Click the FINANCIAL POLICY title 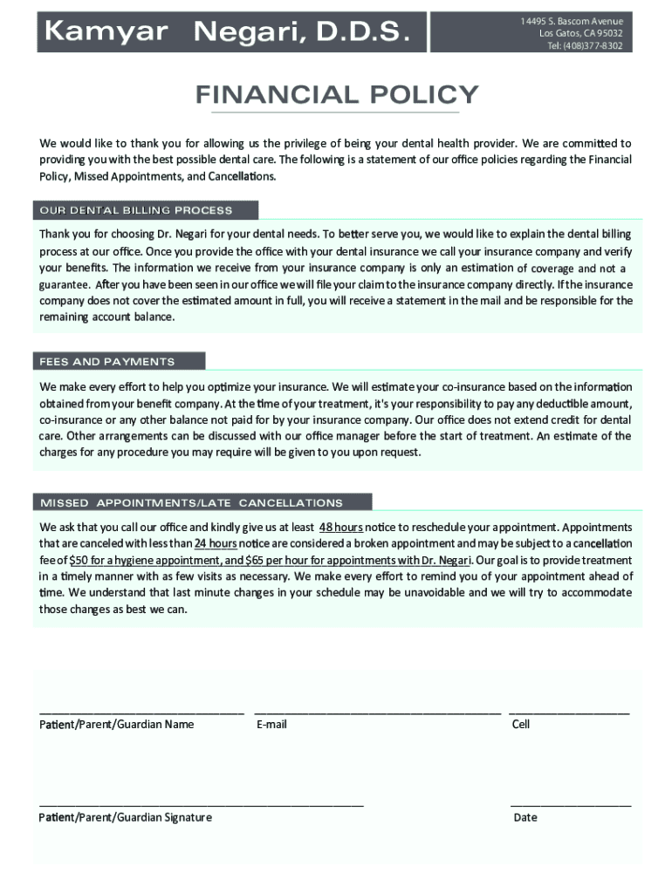click(337, 94)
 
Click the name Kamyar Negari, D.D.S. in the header click(226, 33)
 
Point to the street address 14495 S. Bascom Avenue click(572, 21)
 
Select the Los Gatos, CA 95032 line click(580, 33)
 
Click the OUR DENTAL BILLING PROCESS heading click(134, 210)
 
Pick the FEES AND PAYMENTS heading click(106, 361)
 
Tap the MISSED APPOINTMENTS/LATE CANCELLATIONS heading click(191, 503)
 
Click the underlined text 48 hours click(341, 528)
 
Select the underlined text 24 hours click(216, 543)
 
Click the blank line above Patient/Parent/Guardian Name click(141, 713)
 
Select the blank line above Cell click(569, 713)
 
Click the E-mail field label click(271, 725)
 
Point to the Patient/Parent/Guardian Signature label click(125, 817)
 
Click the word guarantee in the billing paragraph click(64, 284)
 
